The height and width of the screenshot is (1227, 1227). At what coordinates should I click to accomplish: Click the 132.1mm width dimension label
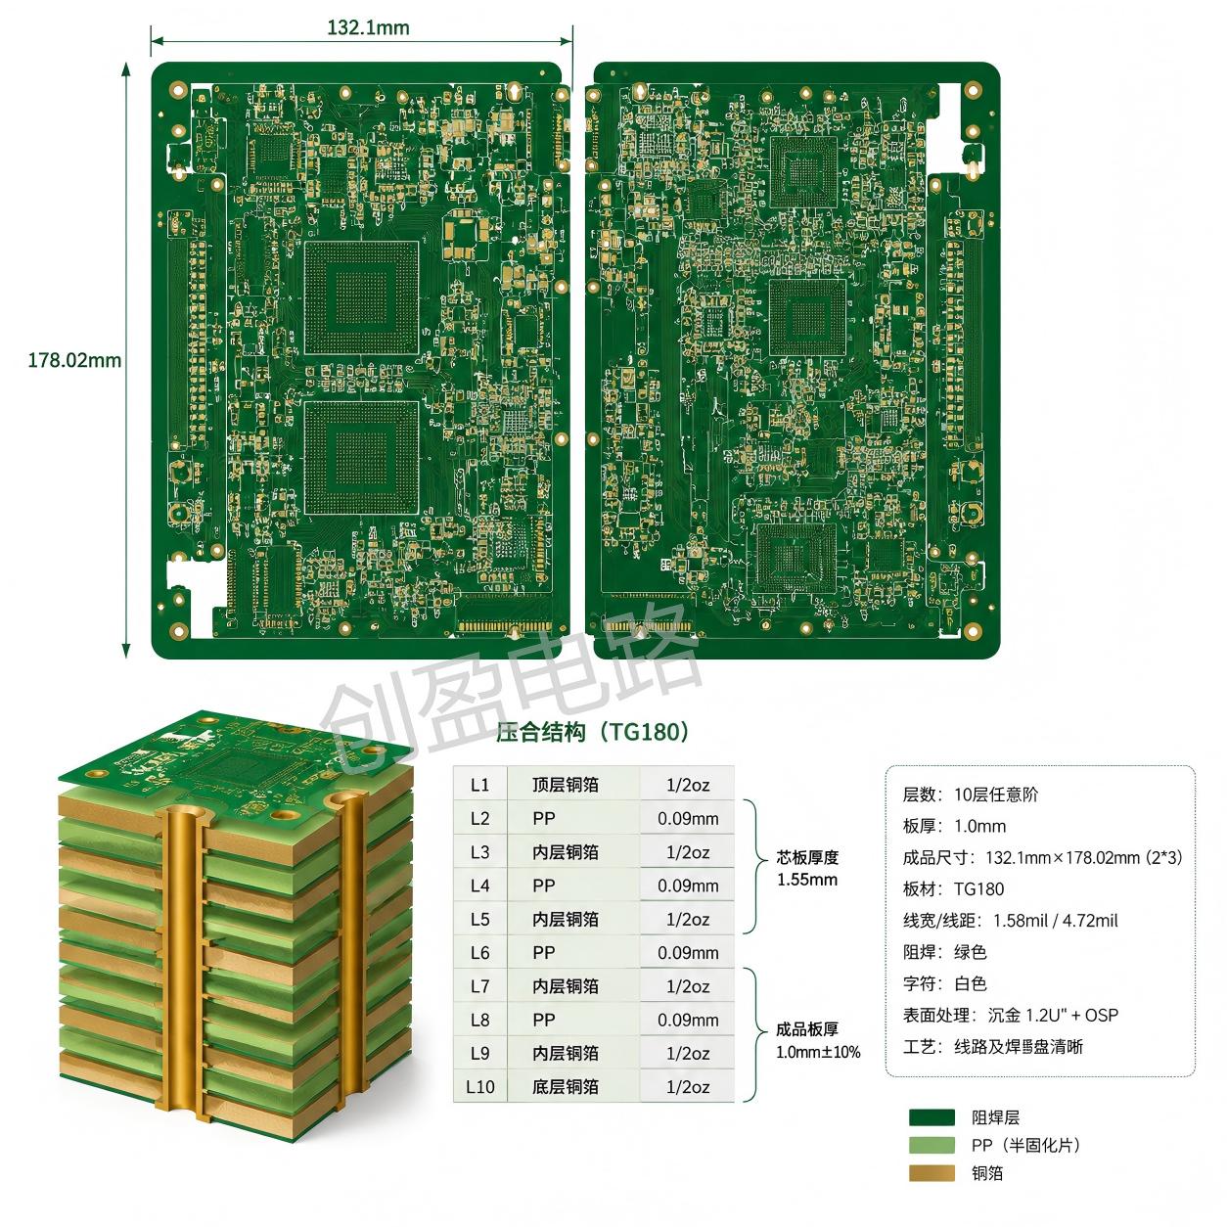[x=368, y=27]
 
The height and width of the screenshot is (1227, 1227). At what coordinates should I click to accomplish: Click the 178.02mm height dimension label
[x=74, y=360]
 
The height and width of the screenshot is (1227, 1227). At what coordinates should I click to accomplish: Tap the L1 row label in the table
[x=479, y=785]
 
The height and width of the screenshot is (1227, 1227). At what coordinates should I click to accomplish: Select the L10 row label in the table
[x=479, y=1087]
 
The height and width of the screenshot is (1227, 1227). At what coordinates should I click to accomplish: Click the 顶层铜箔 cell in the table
[x=566, y=785]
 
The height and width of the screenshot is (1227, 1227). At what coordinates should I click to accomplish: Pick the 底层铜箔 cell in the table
[x=566, y=1087]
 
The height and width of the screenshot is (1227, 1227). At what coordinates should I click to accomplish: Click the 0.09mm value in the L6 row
[x=688, y=953]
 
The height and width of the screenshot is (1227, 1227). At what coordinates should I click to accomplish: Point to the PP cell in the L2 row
[x=544, y=819]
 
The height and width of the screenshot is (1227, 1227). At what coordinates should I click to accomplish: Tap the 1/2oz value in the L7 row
[x=688, y=987]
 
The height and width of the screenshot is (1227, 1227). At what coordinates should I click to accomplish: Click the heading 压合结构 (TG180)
[x=592, y=732]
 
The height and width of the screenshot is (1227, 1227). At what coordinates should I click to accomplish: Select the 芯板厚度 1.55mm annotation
[x=807, y=869]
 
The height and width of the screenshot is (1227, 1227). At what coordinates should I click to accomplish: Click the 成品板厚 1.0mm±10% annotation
[x=818, y=1040]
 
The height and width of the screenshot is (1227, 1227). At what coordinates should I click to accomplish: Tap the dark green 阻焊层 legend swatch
[x=932, y=1117]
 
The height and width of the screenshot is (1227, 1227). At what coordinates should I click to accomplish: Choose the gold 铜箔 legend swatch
[x=932, y=1173]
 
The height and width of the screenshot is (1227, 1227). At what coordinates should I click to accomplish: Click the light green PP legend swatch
[x=932, y=1146]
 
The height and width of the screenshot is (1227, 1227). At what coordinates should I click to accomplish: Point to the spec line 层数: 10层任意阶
[x=971, y=795]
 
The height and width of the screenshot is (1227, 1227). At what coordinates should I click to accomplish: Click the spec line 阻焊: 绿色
[x=945, y=953]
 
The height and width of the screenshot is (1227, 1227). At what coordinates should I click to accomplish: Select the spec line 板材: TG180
[x=953, y=889]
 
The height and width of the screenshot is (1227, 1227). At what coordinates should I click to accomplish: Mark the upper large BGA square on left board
[x=361, y=298]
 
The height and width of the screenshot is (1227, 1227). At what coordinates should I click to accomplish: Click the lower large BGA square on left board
[x=361, y=458]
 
